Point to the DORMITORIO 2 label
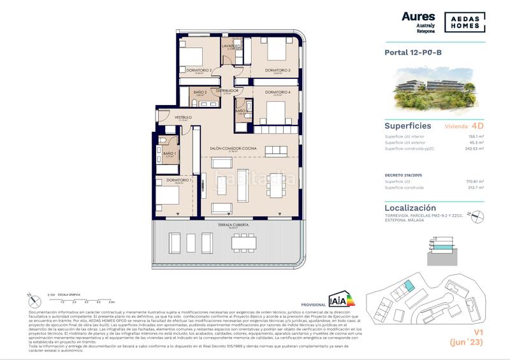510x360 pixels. [x=199, y=69]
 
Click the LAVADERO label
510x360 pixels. [x=231, y=47]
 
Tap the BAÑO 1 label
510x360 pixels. [x=169, y=153]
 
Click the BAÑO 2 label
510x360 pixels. [x=201, y=91]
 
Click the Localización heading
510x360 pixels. [x=411, y=208]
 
